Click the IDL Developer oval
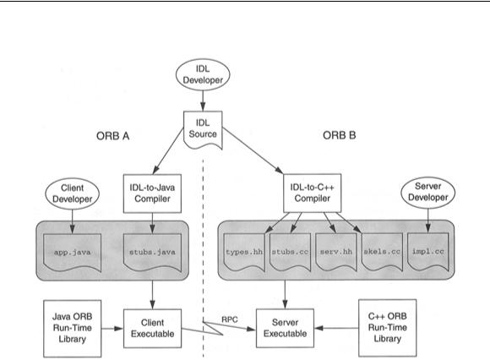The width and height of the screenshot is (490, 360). coord(203,74)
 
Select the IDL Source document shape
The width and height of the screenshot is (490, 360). coord(203,129)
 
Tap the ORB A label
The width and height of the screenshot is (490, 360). coord(113,136)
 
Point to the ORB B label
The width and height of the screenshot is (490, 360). coord(340,135)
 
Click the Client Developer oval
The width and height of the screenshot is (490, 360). coord(72,194)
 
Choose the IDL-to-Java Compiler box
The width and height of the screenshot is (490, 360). coord(153,194)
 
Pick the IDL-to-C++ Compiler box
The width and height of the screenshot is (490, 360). coord(313,194)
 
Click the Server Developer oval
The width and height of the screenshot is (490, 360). coord(427,192)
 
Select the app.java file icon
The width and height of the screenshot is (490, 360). coord(72,253)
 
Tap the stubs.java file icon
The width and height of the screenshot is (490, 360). coord(153,253)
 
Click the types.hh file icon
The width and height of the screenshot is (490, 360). coord(244,252)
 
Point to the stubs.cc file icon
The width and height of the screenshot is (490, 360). coord(290,252)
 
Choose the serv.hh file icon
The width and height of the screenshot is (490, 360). coord(336,252)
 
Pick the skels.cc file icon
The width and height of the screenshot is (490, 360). coord(382,252)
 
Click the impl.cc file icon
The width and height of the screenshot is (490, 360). coord(427,252)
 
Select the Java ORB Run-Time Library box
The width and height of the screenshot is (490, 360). coord(72,329)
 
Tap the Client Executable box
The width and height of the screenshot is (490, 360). coord(153,329)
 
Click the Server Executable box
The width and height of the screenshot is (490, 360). coord(285,328)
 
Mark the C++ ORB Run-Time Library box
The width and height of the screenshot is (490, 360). coord(388,328)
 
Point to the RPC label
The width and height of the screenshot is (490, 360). coord(230,319)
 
